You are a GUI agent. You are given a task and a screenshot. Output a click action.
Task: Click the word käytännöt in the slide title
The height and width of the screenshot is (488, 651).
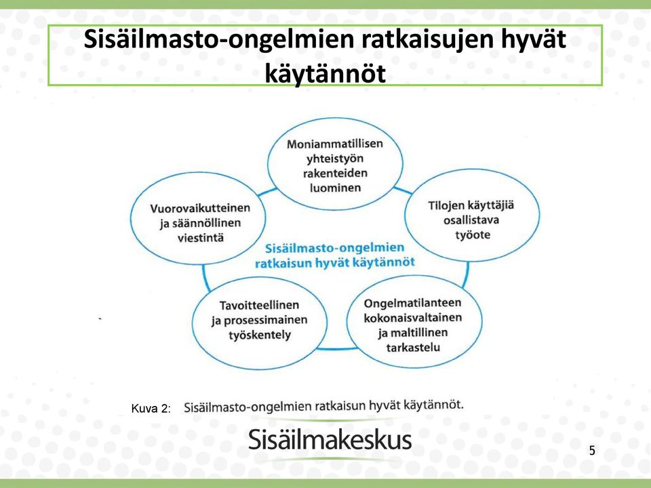pyautogui.click(x=325, y=73)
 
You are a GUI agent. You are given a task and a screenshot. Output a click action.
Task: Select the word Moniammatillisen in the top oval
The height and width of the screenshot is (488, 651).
pyautogui.click(x=334, y=144)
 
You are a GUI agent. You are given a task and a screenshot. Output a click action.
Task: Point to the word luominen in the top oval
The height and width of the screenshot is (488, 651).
pyautogui.click(x=335, y=188)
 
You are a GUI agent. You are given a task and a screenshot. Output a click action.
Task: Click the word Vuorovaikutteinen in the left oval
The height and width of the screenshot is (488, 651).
pyautogui.click(x=200, y=208)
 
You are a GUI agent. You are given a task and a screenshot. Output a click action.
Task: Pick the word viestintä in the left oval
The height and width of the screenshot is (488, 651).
pyautogui.click(x=201, y=238)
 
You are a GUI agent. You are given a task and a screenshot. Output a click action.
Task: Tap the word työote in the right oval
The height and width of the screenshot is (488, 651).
pyautogui.click(x=473, y=235)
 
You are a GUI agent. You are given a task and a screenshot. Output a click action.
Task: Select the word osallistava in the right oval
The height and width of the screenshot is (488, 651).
pyautogui.click(x=471, y=220)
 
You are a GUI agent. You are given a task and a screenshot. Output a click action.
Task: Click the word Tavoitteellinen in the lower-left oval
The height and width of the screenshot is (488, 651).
pyautogui.click(x=259, y=305)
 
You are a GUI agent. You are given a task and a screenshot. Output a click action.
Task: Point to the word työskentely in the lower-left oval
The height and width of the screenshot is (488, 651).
pyautogui.click(x=260, y=335)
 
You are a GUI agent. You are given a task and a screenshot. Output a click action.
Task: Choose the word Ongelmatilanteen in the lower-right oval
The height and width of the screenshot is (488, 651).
pyautogui.click(x=412, y=304)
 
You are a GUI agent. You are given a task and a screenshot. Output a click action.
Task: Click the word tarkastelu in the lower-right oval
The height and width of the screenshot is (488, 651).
pyautogui.click(x=413, y=347)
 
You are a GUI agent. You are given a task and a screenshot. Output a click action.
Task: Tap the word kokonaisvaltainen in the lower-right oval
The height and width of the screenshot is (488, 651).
pyautogui.click(x=413, y=318)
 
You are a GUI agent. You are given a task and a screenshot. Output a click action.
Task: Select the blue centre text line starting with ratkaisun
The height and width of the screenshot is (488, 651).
pyautogui.click(x=334, y=263)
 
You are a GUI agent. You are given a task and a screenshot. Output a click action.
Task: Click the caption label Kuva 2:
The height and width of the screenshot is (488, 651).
pyautogui.click(x=151, y=409)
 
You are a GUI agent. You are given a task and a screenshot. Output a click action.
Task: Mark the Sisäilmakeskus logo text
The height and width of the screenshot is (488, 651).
pyautogui.click(x=330, y=440)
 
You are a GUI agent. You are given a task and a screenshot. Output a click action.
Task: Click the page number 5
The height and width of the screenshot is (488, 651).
pyautogui.click(x=592, y=450)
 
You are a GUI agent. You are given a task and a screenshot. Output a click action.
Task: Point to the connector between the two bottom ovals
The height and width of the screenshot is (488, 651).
pyautogui.click(x=337, y=349)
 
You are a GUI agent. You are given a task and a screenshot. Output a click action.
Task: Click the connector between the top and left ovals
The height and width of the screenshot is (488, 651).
pyautogui.click(x=267, y=192)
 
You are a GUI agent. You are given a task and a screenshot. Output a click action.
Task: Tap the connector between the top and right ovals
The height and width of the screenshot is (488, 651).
pyautogui.click(x=403, y=190)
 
